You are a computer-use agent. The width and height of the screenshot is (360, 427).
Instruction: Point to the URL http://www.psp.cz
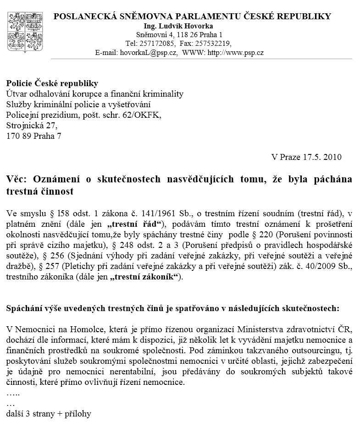click(235, 52)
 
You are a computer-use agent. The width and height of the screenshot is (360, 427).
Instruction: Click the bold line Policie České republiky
click(52, 83)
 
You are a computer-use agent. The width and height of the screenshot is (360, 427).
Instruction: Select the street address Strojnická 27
click(32, 125)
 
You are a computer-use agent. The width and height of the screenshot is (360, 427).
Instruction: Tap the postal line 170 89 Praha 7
click(33, 136)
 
